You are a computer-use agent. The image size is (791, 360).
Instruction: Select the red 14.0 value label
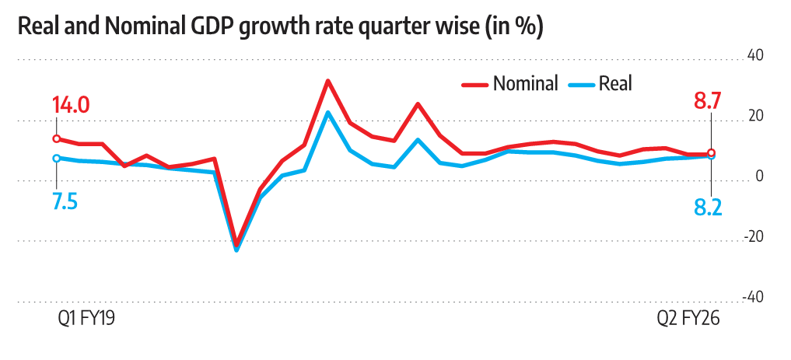click(71, 105)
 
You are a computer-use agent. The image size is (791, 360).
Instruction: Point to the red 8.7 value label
click(708, 102)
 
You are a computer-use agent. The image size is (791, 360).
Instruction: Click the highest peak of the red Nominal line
click(327, 80)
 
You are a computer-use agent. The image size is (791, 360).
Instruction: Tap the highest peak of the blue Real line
click(327, 112)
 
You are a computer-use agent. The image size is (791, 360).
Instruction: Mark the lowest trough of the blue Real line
click(236, 250)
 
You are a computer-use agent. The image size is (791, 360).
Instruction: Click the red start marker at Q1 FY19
click(56, 138)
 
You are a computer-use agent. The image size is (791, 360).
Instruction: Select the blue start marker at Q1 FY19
click(56, 158)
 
